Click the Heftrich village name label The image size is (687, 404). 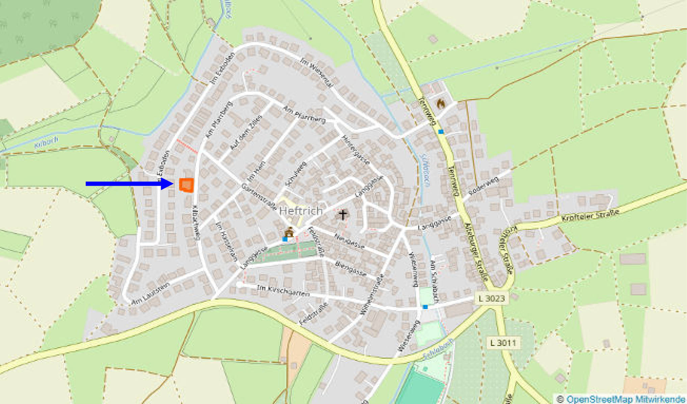(301, 211)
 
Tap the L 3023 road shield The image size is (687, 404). (492, 298)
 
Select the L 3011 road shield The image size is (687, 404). (503, 343)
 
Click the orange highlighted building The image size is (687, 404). (187, 185)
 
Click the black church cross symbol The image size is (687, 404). (343, 214)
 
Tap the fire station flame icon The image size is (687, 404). (440, 104)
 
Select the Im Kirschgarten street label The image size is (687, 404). (283, 291)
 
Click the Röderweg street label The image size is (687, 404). (484, 186)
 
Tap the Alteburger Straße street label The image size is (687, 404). (476, 251)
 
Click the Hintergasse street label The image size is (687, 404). (355, 150)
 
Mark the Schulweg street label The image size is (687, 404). (296, 174)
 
